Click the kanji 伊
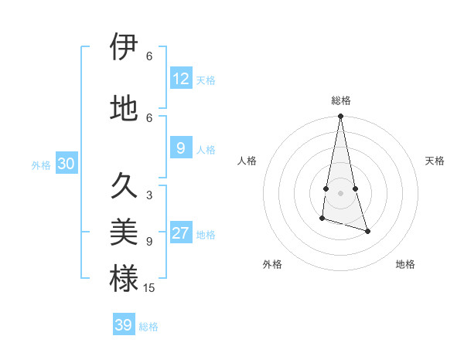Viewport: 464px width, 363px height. click(124, 48)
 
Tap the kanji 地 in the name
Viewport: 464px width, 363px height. click(124, 109)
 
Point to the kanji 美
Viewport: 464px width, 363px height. click(124, 232)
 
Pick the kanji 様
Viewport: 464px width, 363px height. click(124, 278)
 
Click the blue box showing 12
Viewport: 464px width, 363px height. click(181, 79)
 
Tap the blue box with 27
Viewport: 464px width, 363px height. click(181, 234)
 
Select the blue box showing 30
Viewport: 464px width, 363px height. click(66, 164)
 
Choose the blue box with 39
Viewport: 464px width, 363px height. click(124, 325)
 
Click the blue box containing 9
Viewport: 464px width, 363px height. click(181, 148)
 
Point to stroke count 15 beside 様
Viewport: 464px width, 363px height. click(149, 288)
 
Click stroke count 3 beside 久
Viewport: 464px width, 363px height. click(149, 195)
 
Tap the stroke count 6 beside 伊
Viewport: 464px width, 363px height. click(149, 56)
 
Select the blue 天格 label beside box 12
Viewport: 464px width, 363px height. click(206, 80)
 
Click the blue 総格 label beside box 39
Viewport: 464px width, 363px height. click(148, 327)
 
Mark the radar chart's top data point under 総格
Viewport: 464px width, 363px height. click(340, 117)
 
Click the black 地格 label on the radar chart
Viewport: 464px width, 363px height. click(405, 265)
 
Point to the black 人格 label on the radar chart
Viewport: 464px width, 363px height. click(247, 161)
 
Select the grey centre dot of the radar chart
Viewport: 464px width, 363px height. click(340, 193)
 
